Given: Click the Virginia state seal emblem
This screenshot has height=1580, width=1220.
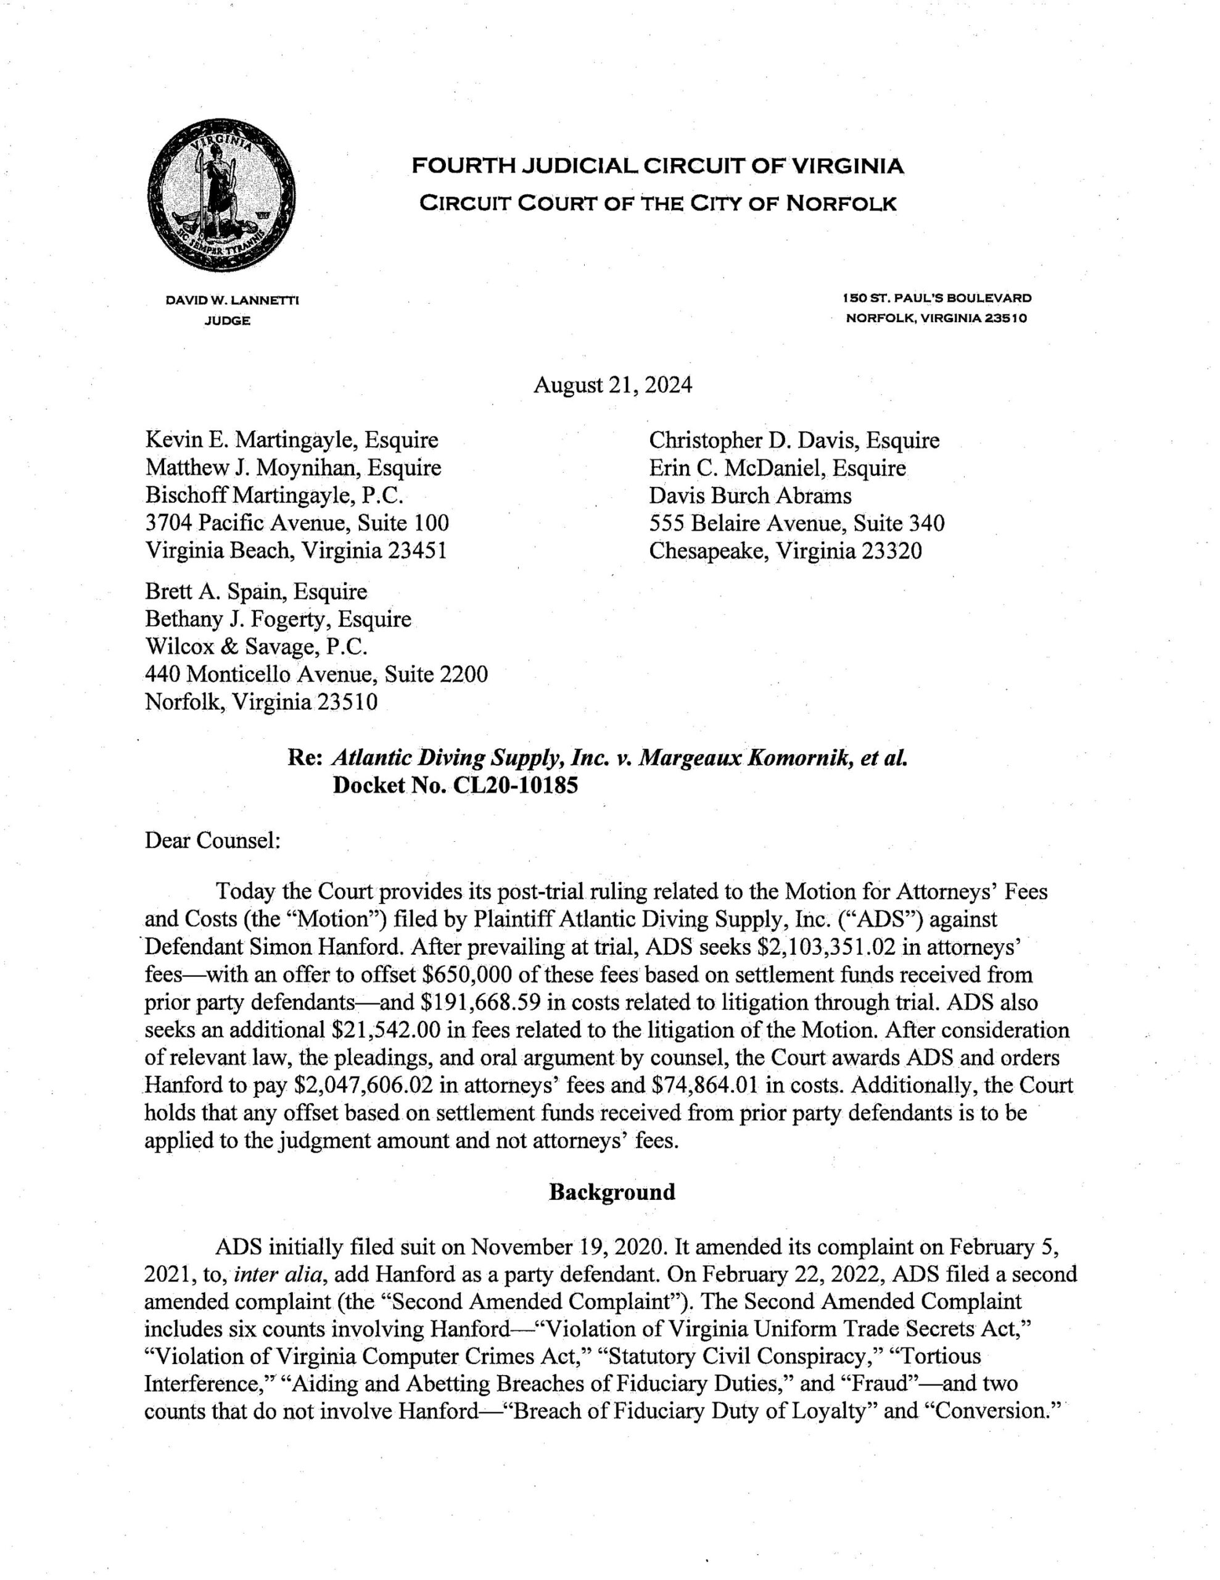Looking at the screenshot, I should tap(221, 197).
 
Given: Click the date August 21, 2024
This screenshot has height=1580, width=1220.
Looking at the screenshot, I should tap(612, 385).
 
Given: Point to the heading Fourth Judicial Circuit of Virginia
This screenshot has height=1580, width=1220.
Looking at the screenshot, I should tap(657, 167).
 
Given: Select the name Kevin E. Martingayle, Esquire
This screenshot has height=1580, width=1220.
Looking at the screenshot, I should tap(292, 440).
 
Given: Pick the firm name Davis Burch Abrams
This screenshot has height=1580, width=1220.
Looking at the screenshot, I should tap(750, 496).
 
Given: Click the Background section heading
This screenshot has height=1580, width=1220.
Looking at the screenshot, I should tap(612, 1192).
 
